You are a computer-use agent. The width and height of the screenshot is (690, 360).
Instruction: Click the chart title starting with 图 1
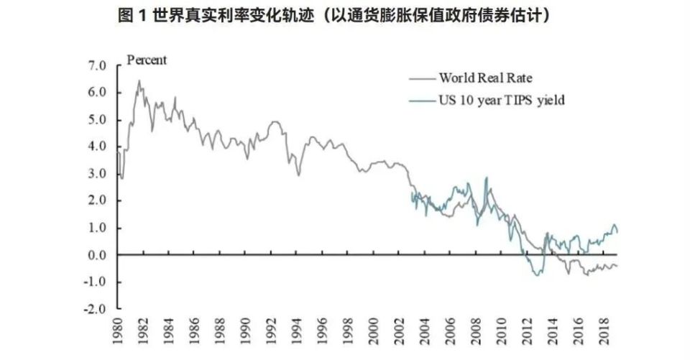(344, 16)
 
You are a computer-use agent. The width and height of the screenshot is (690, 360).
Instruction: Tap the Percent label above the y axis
(147, 60)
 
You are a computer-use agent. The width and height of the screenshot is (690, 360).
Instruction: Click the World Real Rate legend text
(485, 78)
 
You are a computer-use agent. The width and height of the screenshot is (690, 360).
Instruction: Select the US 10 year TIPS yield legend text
(502, 101)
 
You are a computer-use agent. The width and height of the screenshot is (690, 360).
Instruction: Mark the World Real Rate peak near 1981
(139, 80)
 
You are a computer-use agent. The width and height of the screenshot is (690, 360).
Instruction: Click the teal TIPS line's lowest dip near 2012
(537, 276)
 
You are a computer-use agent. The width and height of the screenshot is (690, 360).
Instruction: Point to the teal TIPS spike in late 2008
(487, 177)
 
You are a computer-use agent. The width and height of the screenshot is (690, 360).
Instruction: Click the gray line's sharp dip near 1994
(298, 175)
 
